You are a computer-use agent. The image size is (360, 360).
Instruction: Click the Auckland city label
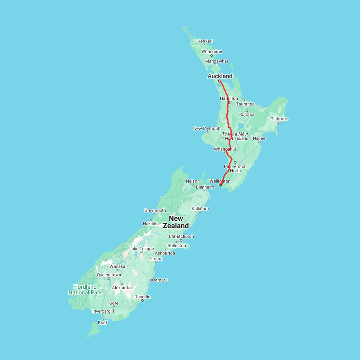click(220, 76)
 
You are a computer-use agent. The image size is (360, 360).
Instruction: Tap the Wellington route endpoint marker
click(220, 185)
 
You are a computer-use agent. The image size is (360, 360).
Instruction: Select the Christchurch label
click(181, 236)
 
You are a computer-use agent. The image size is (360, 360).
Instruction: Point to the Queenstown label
click(109, 275)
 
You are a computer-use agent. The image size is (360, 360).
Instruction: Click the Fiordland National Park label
click(85, 290)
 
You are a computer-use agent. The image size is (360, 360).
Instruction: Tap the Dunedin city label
click(142, 297)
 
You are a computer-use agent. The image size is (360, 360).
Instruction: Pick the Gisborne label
click(279, 119)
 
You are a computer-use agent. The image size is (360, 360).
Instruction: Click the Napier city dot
click(259, 142)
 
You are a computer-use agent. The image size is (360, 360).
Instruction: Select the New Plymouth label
click(207, 128)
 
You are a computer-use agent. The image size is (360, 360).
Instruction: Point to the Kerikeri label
click(205, 41)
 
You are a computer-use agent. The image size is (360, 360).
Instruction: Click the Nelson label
click(193, 181)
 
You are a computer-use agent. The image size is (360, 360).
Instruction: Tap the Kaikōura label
click(200, 209)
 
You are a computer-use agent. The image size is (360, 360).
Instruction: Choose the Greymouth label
click(155, 210)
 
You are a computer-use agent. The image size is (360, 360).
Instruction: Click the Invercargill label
click(103, 311)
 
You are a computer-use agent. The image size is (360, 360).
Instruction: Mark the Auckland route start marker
click(220, 81)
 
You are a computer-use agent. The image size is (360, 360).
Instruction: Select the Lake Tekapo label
click(142, 249)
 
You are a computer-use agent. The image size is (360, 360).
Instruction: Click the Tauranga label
click(245, 104)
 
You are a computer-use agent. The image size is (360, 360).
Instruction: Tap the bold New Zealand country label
click(176, 222)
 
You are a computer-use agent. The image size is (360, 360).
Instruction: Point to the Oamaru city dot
click(151, 280)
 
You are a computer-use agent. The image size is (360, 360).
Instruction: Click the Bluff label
click(103, 322)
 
